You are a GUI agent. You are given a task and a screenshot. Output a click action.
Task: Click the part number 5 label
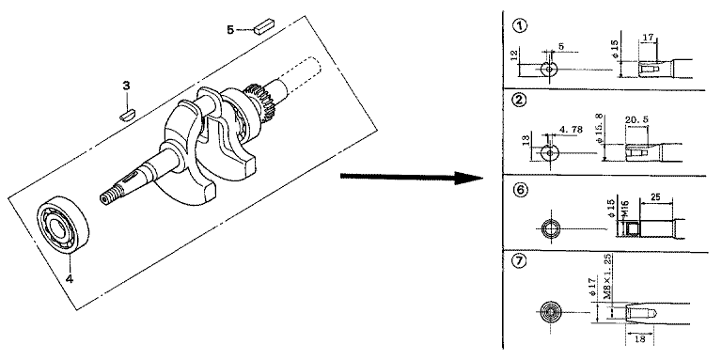coord(230,30)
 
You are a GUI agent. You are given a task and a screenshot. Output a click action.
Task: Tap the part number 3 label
coord(126,86)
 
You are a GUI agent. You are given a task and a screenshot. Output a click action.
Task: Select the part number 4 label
coord(70,278)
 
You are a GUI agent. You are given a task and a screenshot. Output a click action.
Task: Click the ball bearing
coord(63,225)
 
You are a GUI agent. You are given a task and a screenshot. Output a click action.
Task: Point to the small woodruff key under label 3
coord(127,115)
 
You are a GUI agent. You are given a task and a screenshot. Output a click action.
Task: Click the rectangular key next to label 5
coord(264,25)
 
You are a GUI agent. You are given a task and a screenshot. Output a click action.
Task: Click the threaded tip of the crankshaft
coord(109,196)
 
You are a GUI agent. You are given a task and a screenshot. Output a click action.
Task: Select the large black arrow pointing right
coord(411,178)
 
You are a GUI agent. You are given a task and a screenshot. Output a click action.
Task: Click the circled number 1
coord(520,25)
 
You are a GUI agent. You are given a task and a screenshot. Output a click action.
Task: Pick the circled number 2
coord(519,100)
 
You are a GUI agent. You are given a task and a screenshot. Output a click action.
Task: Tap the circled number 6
coord(520,190)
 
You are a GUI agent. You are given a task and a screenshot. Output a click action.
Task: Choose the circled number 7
coord(519,261)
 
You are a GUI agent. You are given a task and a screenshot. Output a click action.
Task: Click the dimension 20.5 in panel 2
coord(636,119)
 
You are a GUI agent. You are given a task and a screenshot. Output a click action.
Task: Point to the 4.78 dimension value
coord(571,130)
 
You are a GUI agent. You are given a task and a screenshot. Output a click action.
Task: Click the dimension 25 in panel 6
coord(655,197)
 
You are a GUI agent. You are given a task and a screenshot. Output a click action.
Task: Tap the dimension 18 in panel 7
coord(640,339)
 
